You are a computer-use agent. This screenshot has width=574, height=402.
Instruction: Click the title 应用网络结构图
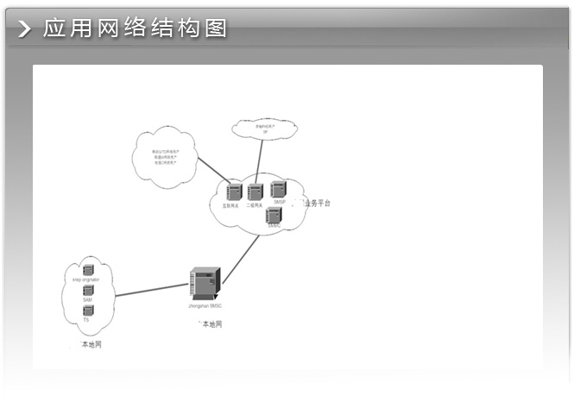[x=135, y=28]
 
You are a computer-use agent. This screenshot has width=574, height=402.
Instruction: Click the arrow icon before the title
[x=26, y=29]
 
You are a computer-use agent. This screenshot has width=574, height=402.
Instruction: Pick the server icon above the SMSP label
[x=278, y=189]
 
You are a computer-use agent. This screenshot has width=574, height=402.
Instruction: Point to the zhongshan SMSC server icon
[x=205, y=282]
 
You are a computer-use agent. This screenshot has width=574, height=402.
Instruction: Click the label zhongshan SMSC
[x=205, y=306]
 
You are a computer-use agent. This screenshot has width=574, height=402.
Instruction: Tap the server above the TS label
[x=88, y=311]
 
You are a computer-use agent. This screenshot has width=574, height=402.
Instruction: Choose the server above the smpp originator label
[x=88, y=270]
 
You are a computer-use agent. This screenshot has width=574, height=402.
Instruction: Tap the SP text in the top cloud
[x=265, y=130]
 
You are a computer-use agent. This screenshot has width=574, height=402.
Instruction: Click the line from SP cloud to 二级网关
[x=259, y=161]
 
